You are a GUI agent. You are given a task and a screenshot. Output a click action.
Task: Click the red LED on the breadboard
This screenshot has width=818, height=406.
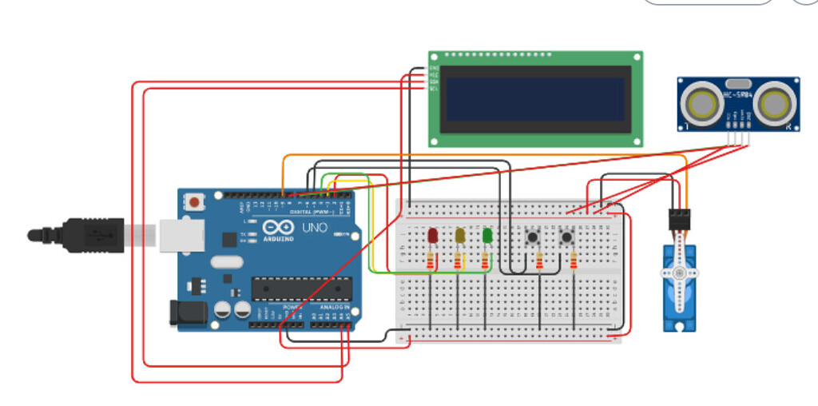click(432, 236)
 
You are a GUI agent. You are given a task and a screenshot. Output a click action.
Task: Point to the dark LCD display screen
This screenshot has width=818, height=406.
click(534, 99)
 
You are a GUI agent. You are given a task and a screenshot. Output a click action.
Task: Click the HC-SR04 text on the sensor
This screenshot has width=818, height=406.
click(738, 97)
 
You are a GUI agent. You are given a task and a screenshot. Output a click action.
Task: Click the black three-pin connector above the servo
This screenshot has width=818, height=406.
click(678, 218)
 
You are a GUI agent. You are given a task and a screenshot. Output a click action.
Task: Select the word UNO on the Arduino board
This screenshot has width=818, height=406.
click(310, 228)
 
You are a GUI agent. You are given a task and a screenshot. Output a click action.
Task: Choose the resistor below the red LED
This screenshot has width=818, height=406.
click(432, 262)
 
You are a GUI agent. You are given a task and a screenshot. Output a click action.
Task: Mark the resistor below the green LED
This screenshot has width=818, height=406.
click(485, 262)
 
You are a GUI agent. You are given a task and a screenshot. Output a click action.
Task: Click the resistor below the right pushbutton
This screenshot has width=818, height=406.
click(574, 261)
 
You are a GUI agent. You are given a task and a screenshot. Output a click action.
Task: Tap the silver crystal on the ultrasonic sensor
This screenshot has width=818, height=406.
click(738, 82)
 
